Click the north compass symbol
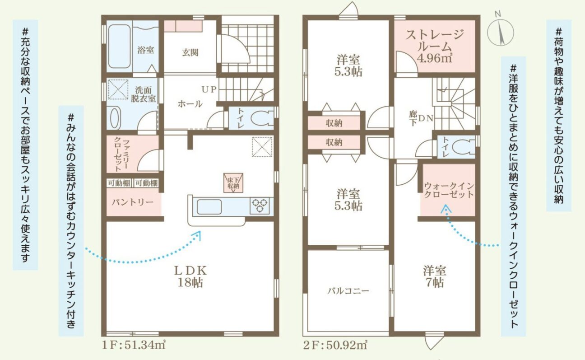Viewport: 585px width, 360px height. (x=501, y=33)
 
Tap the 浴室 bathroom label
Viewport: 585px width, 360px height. (x=146, y=50)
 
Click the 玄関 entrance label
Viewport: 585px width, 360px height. (x=190, y=52)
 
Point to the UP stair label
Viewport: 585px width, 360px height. (x=209, y=89)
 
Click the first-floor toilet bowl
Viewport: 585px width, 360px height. (x=262, y=118)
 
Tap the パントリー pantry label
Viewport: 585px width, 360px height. (x=132, y=202)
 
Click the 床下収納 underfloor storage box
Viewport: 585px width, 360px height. (x=233, y=183)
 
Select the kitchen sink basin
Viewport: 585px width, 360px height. (x=209, y=207)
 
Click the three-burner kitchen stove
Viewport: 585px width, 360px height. (x=260, y=206)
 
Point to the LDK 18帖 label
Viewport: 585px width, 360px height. (x=190, y=276)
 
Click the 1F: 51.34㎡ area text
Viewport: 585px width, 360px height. (x=134, y=346)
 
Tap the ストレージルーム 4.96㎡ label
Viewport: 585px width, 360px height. (x=434, y=46)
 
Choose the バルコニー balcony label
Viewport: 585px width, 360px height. (x=348, y=291)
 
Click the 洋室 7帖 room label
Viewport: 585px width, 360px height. (x=435, y=276)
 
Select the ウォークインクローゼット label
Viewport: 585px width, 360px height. (x=449, y=190)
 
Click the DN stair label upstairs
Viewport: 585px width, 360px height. (x=426, y=118)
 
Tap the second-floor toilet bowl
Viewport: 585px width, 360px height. (x=464, y=146)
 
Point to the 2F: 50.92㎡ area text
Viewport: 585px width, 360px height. (x=335, y=346)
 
